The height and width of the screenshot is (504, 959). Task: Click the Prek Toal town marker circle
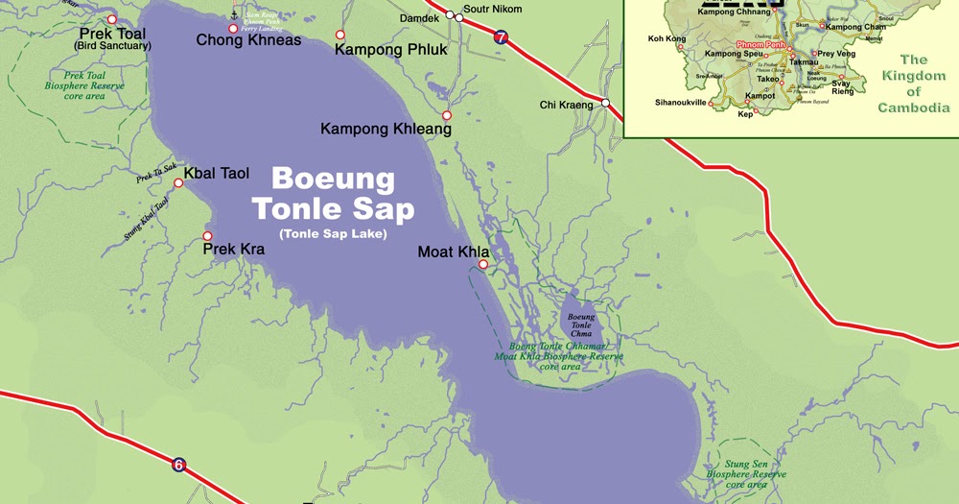click(112, 19)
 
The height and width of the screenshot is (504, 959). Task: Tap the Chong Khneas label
click(248, 40)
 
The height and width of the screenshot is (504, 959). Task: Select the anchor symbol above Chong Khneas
click(235, 13)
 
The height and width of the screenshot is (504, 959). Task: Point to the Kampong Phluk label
click(390, 49)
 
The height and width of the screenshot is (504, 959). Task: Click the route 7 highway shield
click(502, 37)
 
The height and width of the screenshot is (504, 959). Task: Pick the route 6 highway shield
click(178, 466)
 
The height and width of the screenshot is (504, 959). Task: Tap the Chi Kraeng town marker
click(606, 103)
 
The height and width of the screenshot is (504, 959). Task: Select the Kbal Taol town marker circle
click(177, 183)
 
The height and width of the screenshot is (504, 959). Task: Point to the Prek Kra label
click(233, 250)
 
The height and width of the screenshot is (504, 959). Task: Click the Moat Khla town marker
click(483, 264)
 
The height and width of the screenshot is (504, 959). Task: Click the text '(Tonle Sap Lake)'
click(333, 234)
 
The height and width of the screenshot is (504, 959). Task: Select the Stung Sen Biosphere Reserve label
click(746, 474)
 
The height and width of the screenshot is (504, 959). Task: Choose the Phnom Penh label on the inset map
click(761, 45)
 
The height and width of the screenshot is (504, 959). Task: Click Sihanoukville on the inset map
click(680, 102)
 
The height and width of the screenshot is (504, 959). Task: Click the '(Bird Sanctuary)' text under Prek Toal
click(112, 46)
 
